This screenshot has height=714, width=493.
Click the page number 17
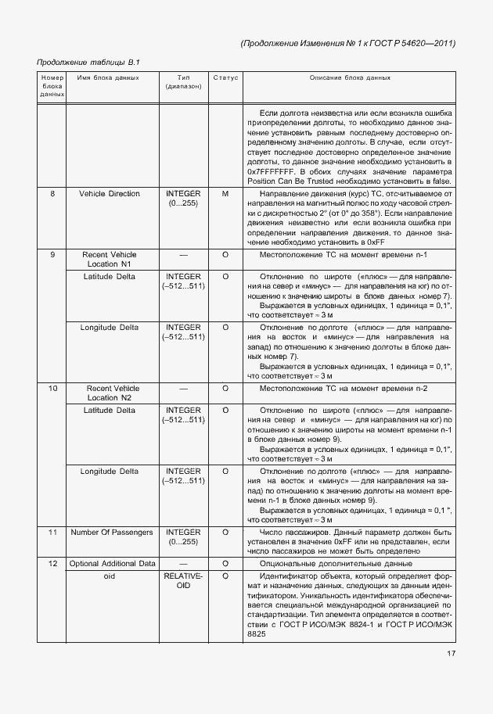tap(451, 654)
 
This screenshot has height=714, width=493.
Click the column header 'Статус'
tap(225, 78)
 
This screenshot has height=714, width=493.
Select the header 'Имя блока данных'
tap(109, 78)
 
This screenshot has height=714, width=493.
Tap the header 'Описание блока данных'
tap(350, 78)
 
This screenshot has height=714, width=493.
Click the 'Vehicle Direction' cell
tap(110, 193)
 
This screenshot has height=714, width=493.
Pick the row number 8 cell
tap(52, 193)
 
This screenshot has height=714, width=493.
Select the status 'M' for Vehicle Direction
tap(225, 193)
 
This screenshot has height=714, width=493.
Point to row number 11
tap(52, 532)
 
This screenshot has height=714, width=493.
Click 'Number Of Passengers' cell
tap(111, 532)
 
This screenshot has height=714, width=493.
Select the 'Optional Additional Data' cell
tap(112, 564)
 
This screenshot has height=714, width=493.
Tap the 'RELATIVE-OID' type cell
tap(184, 580)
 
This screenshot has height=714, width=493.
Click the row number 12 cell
tap(52, 564)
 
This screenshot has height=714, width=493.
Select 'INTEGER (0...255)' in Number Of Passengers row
tap(184, 536)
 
